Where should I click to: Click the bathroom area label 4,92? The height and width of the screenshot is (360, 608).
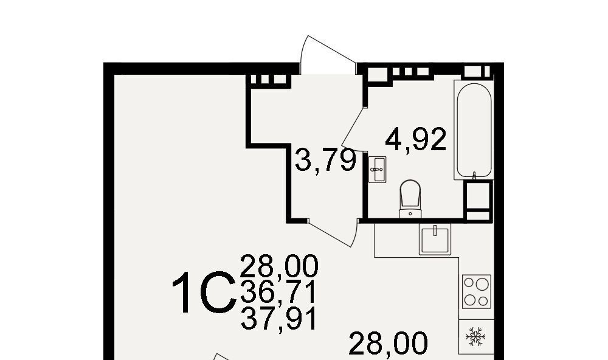416,140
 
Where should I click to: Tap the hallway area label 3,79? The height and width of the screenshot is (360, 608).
326,160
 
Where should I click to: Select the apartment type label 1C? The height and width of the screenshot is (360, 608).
204,292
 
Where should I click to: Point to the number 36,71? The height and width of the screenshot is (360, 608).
279,292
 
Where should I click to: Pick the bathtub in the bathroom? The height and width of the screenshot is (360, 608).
474,130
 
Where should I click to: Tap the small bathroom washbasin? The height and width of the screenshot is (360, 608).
377,169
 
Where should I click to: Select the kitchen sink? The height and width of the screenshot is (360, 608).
435,240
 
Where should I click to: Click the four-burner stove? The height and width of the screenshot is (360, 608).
477,292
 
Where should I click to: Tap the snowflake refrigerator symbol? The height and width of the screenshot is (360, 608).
475,337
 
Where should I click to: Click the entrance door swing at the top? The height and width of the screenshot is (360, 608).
328,54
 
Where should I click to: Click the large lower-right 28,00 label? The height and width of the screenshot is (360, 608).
388,344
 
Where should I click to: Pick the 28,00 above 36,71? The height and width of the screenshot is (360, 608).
279,266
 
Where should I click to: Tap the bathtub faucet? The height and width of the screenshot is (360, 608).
474,176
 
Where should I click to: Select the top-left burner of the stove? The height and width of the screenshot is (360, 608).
469,282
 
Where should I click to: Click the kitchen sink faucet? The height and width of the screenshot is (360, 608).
435,230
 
